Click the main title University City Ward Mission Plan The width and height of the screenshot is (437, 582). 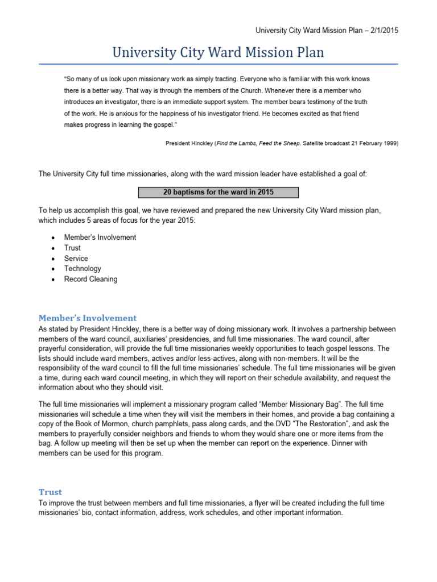point(218,53)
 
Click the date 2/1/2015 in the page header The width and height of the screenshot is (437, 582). point(382,31)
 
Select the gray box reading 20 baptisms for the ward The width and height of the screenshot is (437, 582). point(218,192)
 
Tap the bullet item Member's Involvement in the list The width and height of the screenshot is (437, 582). point(100,238)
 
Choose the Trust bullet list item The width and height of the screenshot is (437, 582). point(72,248)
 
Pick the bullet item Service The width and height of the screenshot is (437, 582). point(76,259)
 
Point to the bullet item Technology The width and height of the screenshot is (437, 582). point(83,269)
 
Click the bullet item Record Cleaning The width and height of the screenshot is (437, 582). point(90,279)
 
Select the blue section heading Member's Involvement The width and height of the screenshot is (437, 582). point(87,318)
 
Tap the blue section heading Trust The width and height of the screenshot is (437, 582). point(50,492)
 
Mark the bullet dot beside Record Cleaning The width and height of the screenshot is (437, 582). point(53,280)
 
